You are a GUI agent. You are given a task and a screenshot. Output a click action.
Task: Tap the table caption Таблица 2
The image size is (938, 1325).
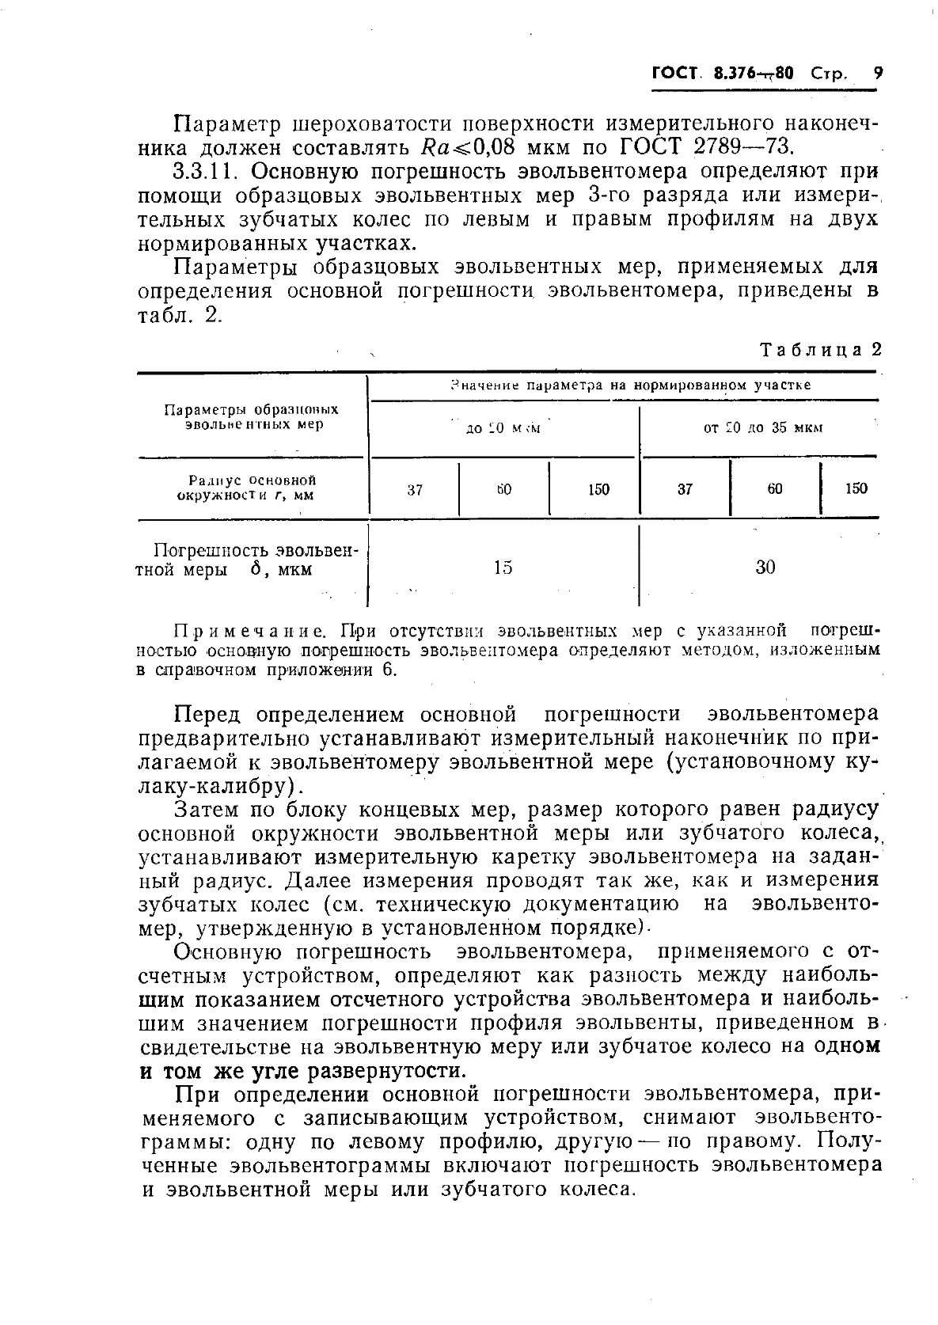pyautogui.click(x=820, y=350)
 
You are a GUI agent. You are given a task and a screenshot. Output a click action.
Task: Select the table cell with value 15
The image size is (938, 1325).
pyautogui.click(x=503, y=567)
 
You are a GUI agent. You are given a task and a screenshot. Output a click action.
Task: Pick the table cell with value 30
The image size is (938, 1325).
pyautogui.click(x=765, y=567)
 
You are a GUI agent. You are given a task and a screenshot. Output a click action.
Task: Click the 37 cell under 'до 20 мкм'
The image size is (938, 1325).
pyautogui.click(x=416, y=489)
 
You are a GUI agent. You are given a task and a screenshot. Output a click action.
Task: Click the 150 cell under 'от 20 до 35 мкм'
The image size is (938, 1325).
pyautogui.click(x=856, y=488)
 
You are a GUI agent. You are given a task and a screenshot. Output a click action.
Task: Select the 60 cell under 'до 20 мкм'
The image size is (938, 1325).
pyautogui.click(x=504, y=489)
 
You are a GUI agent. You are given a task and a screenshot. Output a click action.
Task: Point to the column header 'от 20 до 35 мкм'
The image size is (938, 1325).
pyautogui.click(x=763, y=428)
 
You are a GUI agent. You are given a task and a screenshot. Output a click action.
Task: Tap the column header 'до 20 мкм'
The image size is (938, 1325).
pyautogui.click(x=503, y=428)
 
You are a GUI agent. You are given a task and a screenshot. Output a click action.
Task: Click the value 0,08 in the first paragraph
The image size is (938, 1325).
pyautogui.click(x=493, y=147)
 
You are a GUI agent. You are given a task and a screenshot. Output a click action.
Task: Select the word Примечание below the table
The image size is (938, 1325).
pyautogui.click(x=250, y=631)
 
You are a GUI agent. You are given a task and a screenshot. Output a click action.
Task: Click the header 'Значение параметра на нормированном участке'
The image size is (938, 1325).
pyautogui.click(x=629, y=385)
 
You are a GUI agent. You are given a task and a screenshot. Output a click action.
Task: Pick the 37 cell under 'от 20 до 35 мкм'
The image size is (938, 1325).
pyautogui.click(x=685, y=489)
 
